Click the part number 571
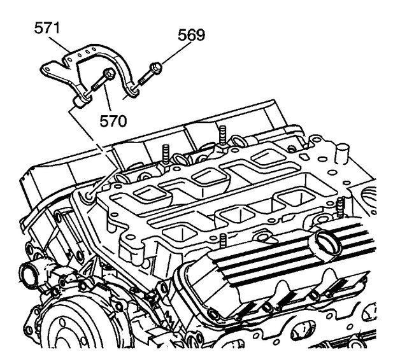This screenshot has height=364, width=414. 49,29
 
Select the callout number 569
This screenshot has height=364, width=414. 191,35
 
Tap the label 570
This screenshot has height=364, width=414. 113,119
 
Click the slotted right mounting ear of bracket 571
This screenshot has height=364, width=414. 132,93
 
